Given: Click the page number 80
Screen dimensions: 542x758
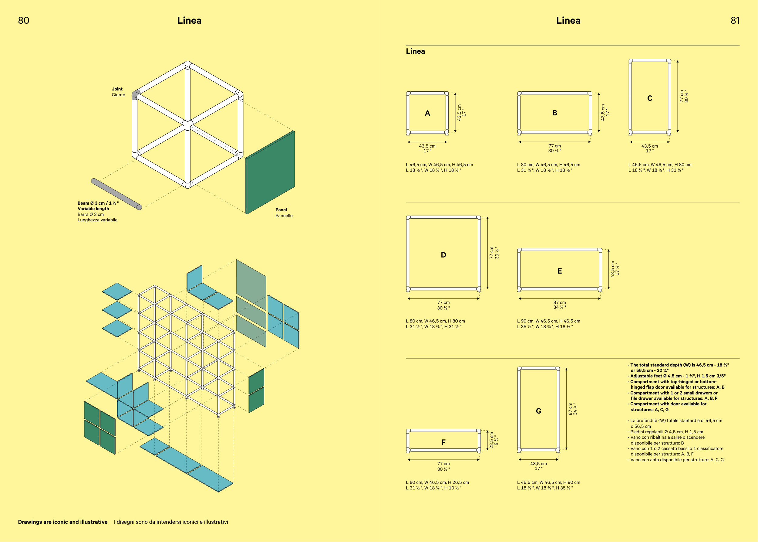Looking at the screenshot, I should pos(24,21).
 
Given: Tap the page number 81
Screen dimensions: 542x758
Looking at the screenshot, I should pos(735,21).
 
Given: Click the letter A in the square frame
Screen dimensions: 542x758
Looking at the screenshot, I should pos(427,114).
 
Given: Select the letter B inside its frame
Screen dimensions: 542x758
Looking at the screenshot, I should pos(555,113).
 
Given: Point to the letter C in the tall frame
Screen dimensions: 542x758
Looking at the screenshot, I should pos(650,98).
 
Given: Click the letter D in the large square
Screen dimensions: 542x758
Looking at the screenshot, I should pos(443,255).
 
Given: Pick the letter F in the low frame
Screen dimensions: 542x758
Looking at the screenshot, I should pos(443,442).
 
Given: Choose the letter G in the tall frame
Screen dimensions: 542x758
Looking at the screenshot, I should pos(539,411).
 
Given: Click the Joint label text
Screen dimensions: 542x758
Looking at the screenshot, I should pos(117,89).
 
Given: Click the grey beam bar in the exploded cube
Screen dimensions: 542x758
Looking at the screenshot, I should pos(116,194).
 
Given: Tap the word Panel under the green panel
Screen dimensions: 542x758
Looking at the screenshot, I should pos(281,210).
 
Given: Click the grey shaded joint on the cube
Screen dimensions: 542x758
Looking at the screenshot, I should pos(136,95).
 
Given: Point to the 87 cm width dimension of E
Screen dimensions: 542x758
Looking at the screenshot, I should pos(560,303).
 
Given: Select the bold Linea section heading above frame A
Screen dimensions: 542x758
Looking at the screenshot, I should pos(415,51).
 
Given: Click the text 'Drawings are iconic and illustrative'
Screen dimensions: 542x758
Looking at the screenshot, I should pos(63,522).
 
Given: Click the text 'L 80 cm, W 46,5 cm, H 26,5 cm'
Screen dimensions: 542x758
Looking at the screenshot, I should pos(437,482).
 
